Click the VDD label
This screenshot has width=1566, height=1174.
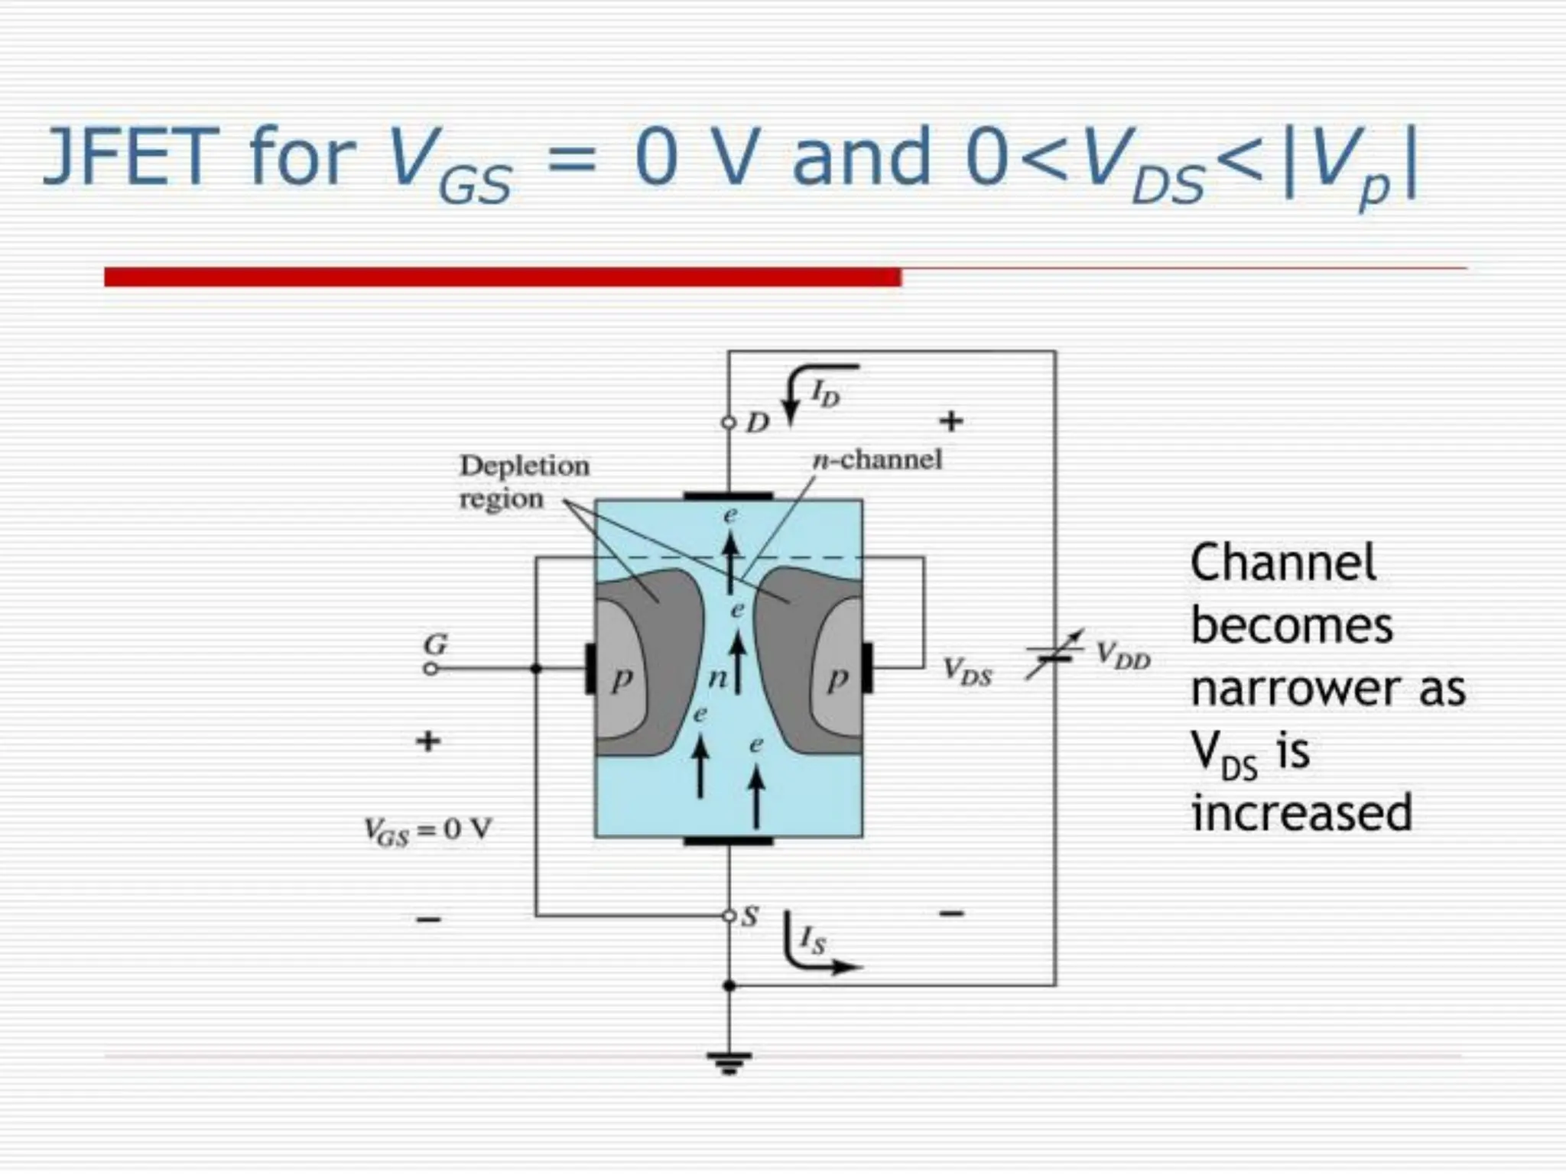pos(1123,656)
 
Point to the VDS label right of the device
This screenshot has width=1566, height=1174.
pos(967,673)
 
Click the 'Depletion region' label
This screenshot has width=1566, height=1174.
pos(524,482)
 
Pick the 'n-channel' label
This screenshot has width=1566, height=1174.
pos(877,459)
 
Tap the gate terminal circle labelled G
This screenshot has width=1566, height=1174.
pos(431,669)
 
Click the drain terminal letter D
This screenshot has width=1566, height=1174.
pos(757,423)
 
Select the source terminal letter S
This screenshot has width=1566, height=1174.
pos(751,916)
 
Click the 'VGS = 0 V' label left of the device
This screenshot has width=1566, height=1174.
pos(427,831)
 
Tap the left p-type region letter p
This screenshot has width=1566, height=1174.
pos(622,679)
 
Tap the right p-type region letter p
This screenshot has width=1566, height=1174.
pos(839,679)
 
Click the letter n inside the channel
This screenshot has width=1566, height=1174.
pos(717,677)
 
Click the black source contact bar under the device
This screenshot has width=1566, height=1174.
pos(728,842)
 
